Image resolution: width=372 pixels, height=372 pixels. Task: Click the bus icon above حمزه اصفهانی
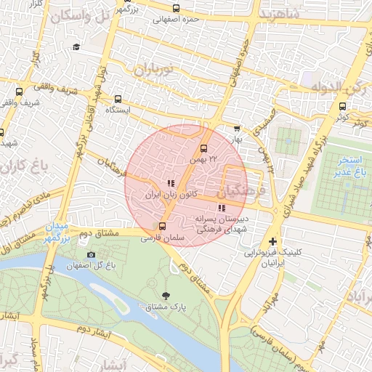176,9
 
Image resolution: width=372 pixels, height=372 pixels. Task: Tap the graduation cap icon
76,47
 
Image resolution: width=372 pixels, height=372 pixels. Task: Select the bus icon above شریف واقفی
19,92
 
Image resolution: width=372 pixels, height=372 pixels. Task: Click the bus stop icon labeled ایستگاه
118,99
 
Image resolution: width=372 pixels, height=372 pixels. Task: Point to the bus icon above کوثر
342,105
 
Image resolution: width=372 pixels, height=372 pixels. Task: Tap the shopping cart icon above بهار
235,128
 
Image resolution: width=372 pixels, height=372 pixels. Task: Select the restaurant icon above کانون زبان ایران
170,184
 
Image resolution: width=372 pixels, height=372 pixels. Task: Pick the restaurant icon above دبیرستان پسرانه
222,209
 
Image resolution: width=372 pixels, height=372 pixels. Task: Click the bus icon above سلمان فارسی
162,226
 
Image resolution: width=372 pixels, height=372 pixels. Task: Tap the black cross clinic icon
272,241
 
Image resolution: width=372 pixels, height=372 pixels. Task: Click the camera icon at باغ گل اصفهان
91,254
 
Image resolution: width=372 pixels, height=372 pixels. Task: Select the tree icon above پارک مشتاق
168,295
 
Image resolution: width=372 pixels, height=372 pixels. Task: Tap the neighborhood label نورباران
154,70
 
